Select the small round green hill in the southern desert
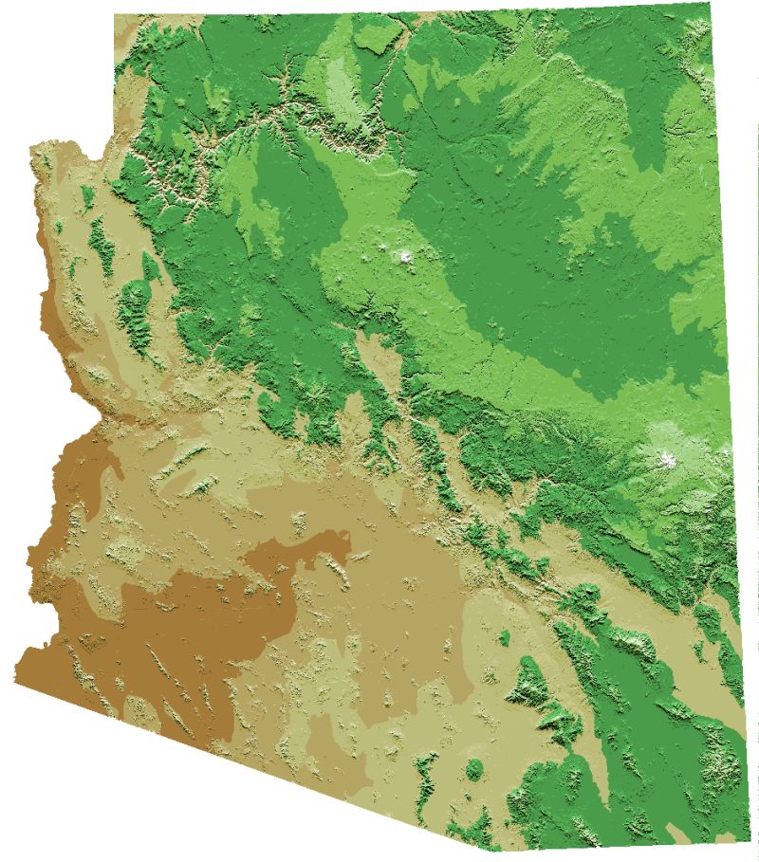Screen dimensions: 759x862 tap(473, 766)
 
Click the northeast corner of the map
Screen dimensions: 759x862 tap(709, 4)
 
